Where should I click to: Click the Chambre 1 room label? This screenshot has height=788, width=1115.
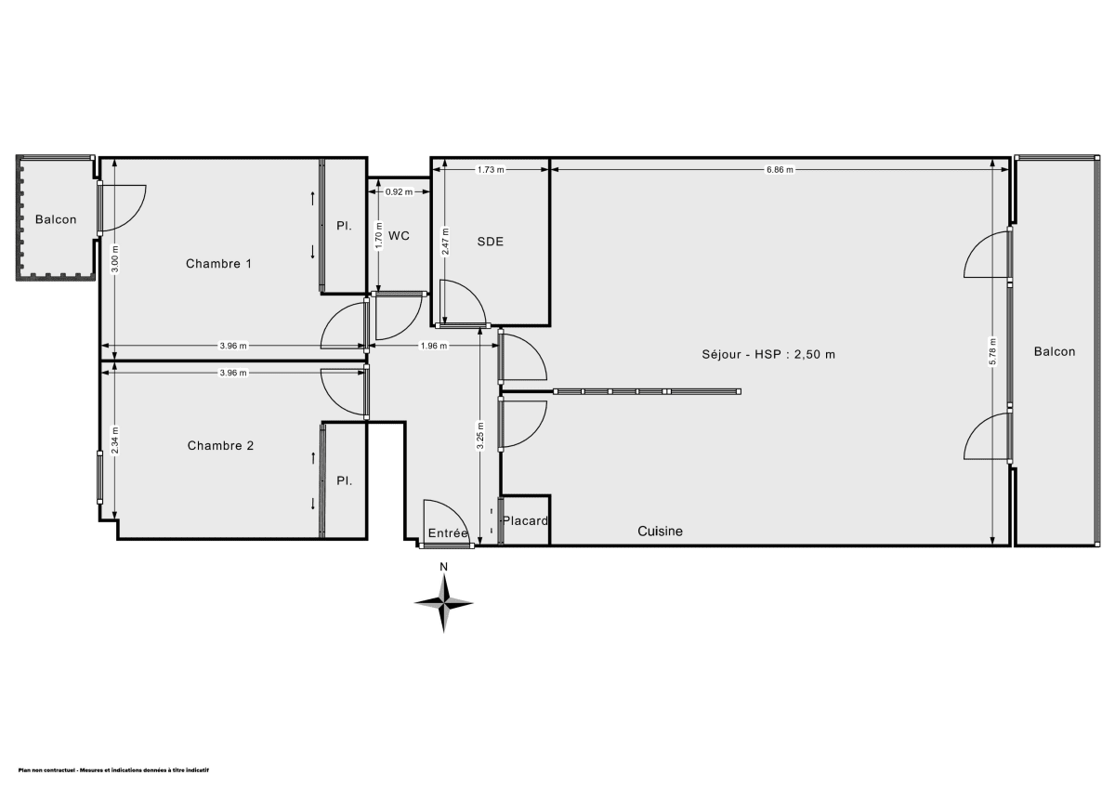pyautogui.click(x=219, y=264)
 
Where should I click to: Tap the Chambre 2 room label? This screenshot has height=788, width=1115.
pyautogui.click(x=220, y=446)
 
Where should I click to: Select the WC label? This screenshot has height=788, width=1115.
pyautogui.click(x=400, y=236)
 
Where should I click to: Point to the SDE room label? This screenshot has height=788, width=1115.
pyautogui.click(x=491, y=242)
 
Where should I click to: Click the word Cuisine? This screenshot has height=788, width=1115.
pyautogui.click(x=660, y=532)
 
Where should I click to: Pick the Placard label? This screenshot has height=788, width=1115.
pyautogui.click(x=526, y=521)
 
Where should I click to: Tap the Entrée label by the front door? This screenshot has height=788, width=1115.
pyautogui.click(x=448, y=533)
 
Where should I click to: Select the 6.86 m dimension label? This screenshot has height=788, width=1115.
pyautogui.click(x=780, y=169)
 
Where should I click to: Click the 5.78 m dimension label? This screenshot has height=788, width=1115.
pyautogui.click(x=992, y=348)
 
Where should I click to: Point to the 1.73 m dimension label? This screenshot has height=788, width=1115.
pyautogui.click(x=491, y=169)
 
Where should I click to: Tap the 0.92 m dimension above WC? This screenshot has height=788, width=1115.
pyautogui.click(x=399, y=192)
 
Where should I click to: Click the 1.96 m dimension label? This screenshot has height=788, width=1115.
pyautogui.click(x=434, y=346)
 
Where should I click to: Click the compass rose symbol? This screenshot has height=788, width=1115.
pyautogui.click(x=444, y=603)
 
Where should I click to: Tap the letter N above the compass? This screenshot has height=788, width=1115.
pyautogui.click(x=444, y=567)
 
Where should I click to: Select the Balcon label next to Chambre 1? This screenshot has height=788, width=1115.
pyautogui.click(x=56, y=220)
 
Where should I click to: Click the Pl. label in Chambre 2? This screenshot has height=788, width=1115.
pyautogui.click(x=344, y=481)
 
